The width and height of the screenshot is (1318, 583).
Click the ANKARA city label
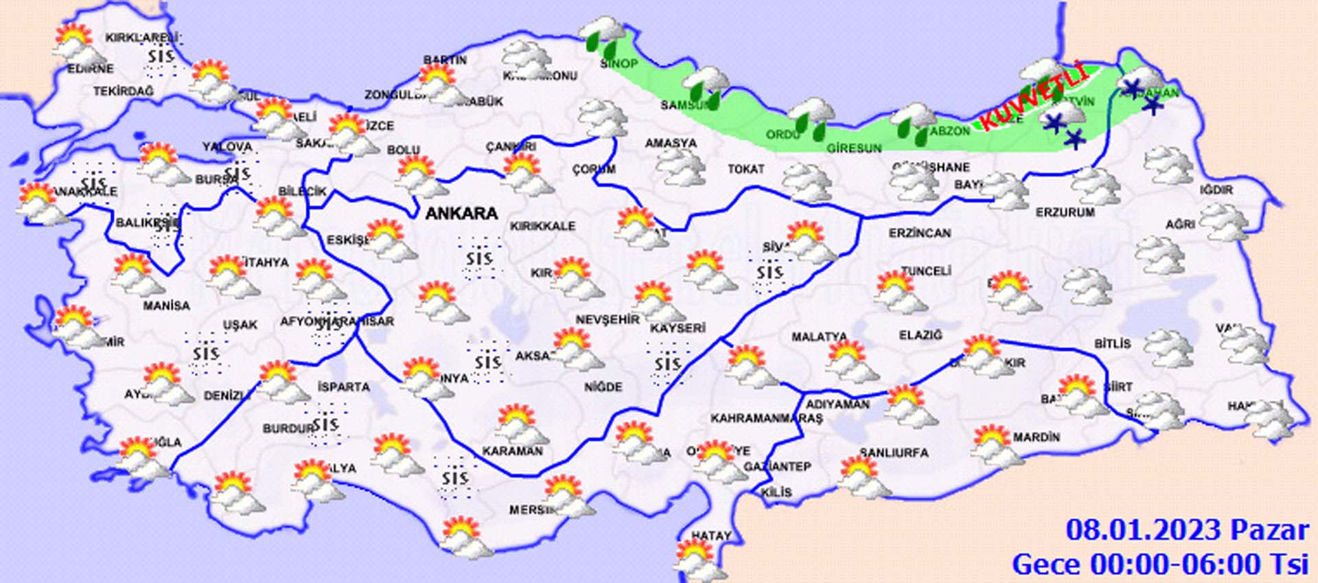point(461,214)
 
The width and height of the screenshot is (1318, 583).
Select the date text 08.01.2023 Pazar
point(1187,530)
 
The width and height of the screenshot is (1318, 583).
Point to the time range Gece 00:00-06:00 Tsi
point(1160,564)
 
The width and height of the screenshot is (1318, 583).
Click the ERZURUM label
point(1065,212)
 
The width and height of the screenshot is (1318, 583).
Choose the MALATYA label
point(819,336)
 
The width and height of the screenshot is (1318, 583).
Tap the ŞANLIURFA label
point(894,453)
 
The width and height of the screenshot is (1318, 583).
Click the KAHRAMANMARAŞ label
point(766,418)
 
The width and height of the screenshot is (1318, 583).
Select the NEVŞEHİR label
point(607,319)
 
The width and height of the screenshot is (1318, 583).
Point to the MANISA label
point(166,305)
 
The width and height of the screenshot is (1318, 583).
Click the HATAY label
point(710,536)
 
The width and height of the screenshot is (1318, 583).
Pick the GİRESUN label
point(853,148)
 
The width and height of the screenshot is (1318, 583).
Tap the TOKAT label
point(746,168)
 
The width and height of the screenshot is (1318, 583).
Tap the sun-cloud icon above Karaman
point(521,424)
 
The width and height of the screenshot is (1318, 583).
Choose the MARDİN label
point(1036,437)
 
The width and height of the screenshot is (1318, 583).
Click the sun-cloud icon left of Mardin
point(992,445)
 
